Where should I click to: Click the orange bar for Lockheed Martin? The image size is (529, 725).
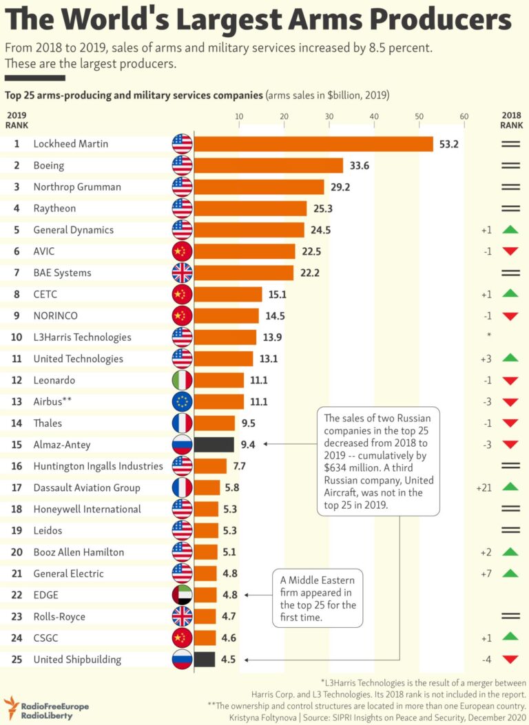pos(313,144)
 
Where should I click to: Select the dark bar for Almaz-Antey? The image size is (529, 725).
pos(214,445)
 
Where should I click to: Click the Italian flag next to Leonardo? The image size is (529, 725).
pos(182,380)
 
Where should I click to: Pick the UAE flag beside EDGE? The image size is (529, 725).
pos(182,595)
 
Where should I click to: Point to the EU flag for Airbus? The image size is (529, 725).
pos(182,401)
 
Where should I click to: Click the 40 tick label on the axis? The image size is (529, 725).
pos(374,116)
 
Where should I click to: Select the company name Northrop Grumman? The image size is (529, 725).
pos(77,187)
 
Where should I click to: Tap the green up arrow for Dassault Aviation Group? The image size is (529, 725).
pos(510,487)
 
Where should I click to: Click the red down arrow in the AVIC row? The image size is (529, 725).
pos(510,251)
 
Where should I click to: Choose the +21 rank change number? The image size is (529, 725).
pos(483,487)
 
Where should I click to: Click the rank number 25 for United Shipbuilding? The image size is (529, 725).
pos(17,659)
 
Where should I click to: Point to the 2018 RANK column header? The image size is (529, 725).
pos(511,120)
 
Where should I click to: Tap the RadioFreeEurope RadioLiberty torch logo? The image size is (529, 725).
pos(10,706)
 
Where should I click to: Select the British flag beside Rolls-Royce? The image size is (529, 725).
pos(182,616)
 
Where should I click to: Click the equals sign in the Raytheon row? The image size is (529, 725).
pos(510,208)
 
